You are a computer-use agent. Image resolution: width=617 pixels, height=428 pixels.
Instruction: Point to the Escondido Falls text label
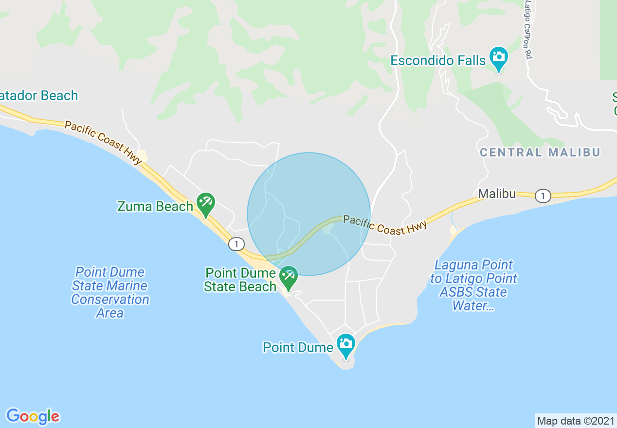[438, 61]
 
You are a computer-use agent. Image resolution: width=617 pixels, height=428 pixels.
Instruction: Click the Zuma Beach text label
[155, 207]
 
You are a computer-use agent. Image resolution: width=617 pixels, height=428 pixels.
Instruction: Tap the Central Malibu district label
[540, 152]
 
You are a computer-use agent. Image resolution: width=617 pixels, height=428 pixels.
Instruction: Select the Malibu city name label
[496, 194]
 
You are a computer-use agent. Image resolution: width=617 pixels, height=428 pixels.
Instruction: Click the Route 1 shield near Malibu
[543, 196]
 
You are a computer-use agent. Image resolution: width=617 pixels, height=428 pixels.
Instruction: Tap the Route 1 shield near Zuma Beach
[236, 244]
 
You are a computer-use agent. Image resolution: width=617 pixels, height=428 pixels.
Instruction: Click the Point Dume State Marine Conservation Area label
[110, 292]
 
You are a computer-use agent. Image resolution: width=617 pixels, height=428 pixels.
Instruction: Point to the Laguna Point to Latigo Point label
[473, 285]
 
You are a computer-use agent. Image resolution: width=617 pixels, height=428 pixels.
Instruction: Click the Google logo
[33, 416]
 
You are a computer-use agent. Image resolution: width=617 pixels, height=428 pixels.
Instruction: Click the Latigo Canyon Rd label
[527, 29]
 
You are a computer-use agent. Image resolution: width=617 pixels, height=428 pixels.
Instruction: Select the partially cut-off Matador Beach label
[39, 95]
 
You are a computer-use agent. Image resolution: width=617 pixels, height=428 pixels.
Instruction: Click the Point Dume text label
[298, 347]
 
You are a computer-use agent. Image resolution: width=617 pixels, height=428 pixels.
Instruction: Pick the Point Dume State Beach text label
[240, 280]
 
